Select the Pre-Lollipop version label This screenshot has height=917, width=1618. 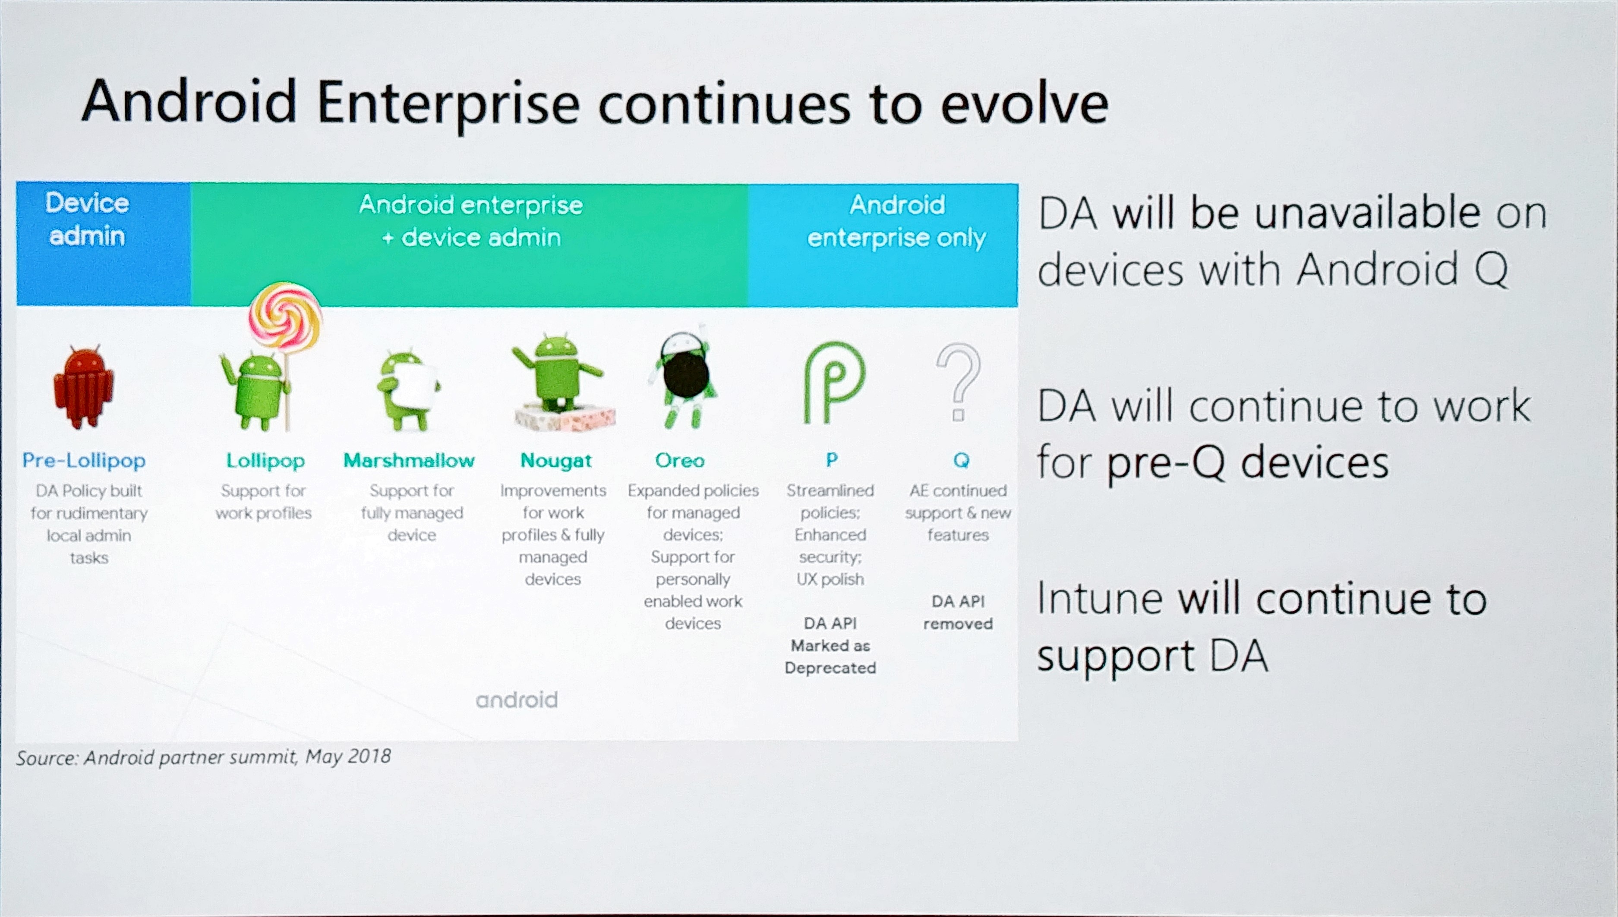tap(84, 460)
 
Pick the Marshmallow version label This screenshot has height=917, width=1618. tap(409, 460)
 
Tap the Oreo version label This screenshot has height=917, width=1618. tap(680, 460)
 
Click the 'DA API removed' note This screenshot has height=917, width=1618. tap(958, 612)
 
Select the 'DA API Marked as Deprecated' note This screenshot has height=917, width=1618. tap(830, 646)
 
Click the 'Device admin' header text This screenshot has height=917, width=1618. tap(87, 219)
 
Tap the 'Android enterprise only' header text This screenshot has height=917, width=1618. tap(896, 221)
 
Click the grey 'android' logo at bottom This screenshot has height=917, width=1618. tap(517, 700)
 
